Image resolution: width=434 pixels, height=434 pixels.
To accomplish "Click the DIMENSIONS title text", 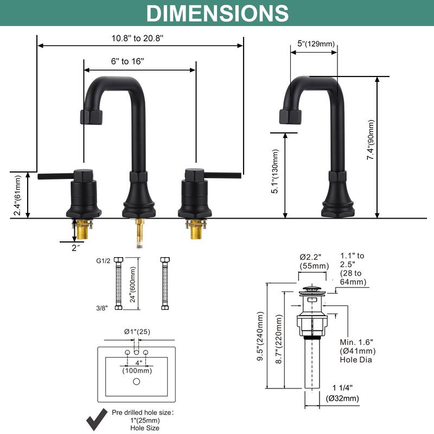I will (x=217, y=13).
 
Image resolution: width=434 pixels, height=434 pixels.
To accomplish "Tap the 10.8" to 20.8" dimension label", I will (x=137, y=39).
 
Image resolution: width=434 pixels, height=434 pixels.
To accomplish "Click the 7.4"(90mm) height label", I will (x=371, y=139).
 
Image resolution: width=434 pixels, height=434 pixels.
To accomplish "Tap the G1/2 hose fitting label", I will (x=103, y=261).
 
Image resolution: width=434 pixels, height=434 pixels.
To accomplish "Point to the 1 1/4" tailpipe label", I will (x=343, y=387).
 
